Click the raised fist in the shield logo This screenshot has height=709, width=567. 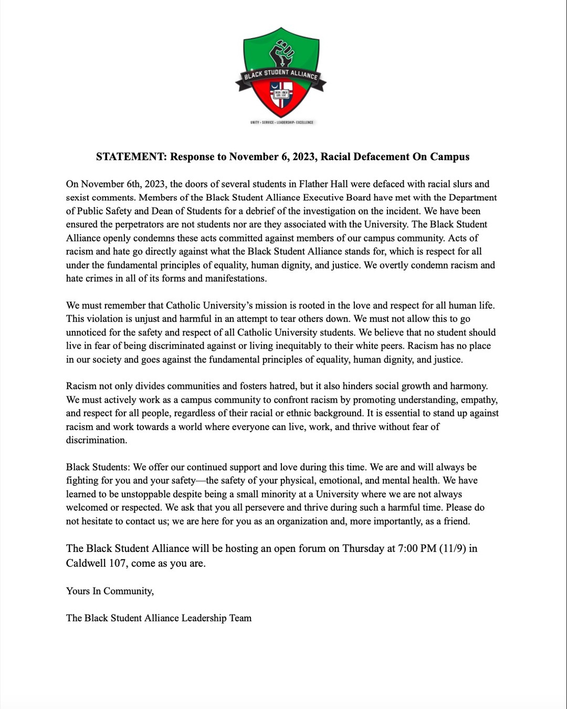282,54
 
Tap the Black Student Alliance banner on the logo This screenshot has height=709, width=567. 281,75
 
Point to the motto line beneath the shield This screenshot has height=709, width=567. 281,122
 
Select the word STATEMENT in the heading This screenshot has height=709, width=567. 131,157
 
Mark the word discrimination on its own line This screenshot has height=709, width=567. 96,440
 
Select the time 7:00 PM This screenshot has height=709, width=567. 417,548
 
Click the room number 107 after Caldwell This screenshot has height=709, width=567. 118,563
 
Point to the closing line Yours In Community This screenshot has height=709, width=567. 110,591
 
